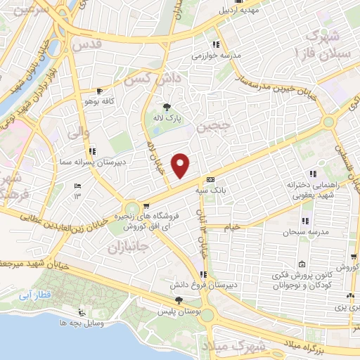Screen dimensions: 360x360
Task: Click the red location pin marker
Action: (x=181, y=165)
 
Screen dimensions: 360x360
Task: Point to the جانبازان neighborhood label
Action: (x=131, y=247)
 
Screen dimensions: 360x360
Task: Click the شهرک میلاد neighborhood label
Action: (x=237, y=346)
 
